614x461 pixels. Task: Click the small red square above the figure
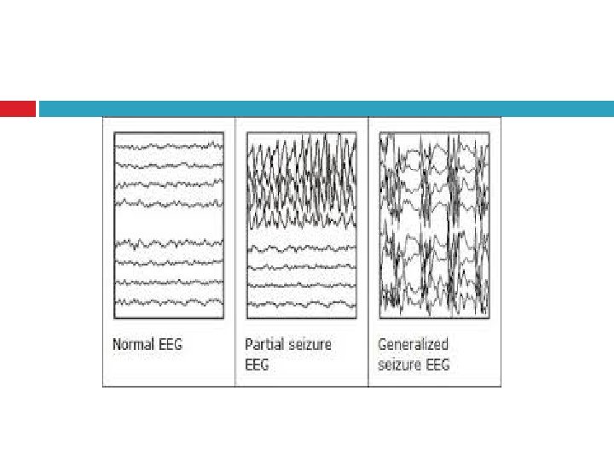point(18,109)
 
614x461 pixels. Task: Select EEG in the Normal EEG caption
point(169,345)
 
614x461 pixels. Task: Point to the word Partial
point(264,345)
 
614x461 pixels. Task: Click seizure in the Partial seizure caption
point(310,345)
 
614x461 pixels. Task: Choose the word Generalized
point(413,345)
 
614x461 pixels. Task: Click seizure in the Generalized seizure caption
point(401,365)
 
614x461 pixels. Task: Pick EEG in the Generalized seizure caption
point(437,365)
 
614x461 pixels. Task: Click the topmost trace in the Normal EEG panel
point(169,146)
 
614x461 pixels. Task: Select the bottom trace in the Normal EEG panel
point(169,301)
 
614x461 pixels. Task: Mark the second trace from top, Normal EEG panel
point(169,165)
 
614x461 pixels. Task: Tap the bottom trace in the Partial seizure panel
point(301,300)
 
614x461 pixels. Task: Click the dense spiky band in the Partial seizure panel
point(301,184)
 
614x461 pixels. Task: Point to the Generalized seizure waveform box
point(434,225)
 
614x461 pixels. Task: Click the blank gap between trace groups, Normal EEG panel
point(169,224)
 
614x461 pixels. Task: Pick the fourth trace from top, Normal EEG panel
point(169,202)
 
